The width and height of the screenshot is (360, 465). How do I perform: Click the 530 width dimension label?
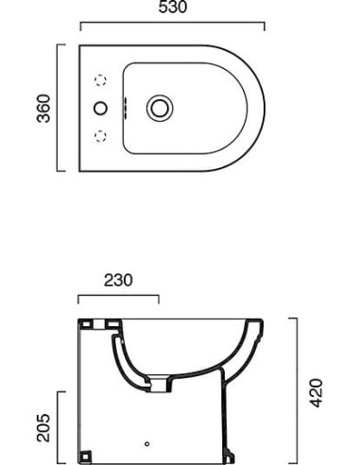pos(173,7)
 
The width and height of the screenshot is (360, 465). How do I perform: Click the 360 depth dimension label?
pos(43,109)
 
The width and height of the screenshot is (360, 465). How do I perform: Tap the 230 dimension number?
pos(118,280)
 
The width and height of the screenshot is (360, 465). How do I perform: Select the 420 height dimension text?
pos(317,393)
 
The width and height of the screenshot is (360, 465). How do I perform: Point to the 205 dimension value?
pos(43,428)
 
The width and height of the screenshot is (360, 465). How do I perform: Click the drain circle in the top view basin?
pos(160,108)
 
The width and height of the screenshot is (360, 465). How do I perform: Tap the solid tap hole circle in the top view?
pos(100,108)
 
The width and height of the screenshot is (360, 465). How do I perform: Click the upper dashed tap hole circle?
pos(100,80)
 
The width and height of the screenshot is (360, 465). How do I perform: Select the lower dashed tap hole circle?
pos(100,136)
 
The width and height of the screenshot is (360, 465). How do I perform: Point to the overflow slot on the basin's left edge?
pos(125,108)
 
